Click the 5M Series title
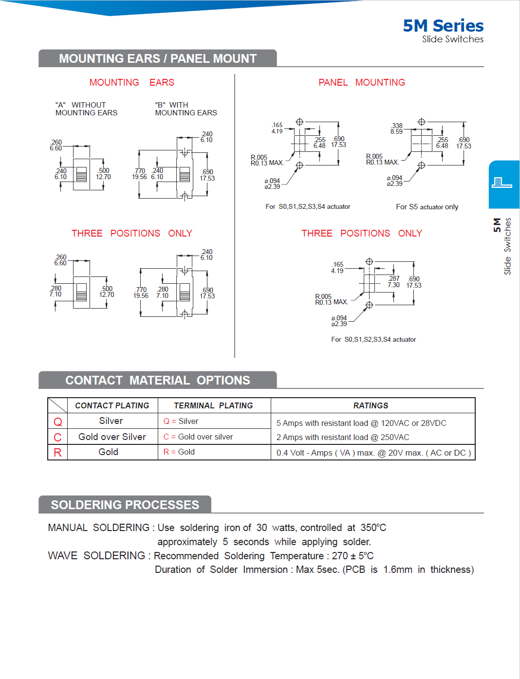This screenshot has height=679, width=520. click(x=443, y=26)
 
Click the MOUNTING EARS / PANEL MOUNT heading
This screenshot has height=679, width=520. click(x=158, y=59)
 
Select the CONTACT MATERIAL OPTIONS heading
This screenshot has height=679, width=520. click(x=158, y=381)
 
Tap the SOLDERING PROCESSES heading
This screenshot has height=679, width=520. click(x=125, y=505)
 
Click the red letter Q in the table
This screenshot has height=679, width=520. click(x=57, y=422)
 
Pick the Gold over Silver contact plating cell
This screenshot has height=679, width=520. click(x=112, y=437)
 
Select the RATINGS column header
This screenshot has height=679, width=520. click(x=371, y=406)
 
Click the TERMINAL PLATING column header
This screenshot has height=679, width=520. click(x=213, y=406)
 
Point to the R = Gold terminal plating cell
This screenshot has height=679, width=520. click(x=179, y=452)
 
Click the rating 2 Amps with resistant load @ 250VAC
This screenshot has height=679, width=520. click(x=343, y=438)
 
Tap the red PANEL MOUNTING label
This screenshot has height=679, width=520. click(x=361, y=83)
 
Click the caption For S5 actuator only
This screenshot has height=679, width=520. click(x=427, y=207)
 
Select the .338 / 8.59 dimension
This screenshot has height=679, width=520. click(x=396, y=128)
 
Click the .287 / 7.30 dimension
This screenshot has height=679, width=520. click(x=393, y=282)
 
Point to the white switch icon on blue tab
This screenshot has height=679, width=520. click(x=502, y=183)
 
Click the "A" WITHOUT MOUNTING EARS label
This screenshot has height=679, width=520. click(x=86, y=109)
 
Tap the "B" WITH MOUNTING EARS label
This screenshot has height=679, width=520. click(x=186, y=109)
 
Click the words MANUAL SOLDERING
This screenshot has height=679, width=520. click(x=98, y=528)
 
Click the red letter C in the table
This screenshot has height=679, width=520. click(x=57, y=438)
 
